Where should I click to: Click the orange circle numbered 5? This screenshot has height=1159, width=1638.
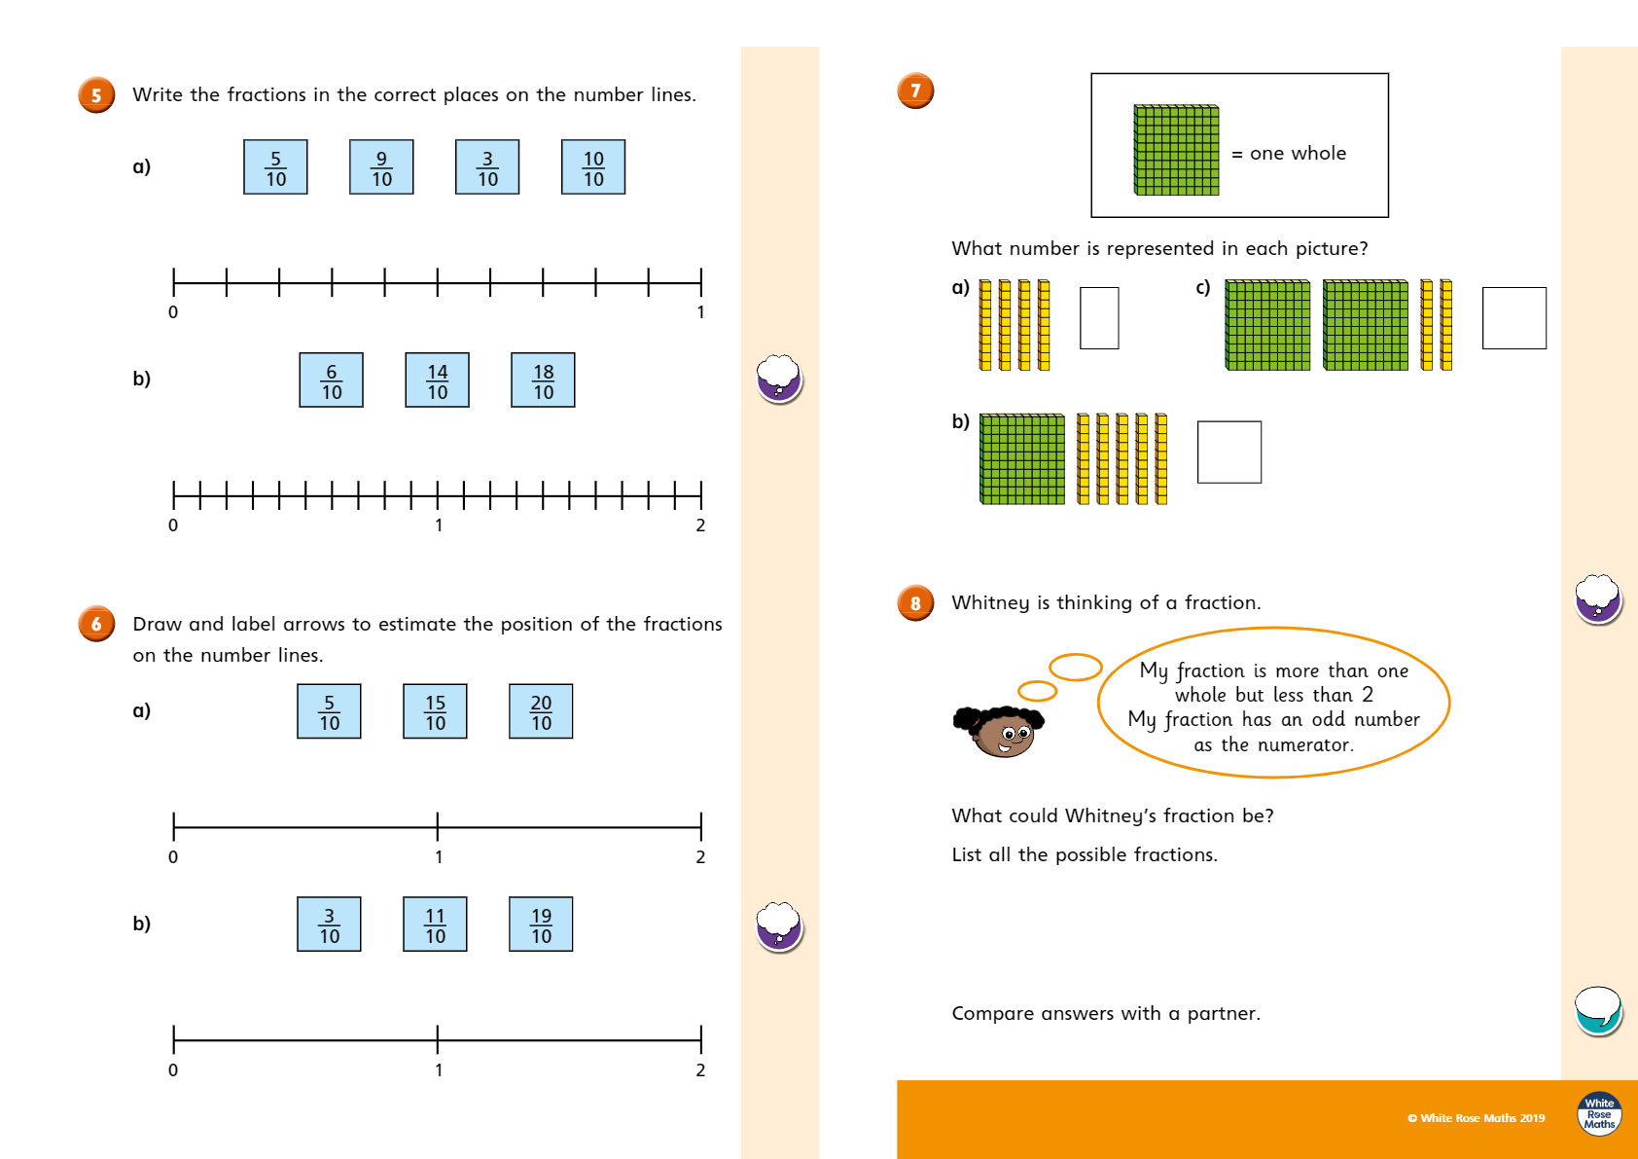pyautogui.click(x=96, y=95)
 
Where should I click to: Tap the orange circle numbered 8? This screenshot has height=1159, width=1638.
pyautogui.click(x=915, y=603)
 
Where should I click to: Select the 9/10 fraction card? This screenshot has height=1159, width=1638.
pyautogui.click(x=381, y=167)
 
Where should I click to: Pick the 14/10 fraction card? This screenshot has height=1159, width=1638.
pyautogui.click(x=437, y=380)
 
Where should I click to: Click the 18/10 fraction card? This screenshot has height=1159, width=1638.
pyautogui.click(x=543, y=380)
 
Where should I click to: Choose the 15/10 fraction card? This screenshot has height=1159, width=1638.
pyautogui.click(x=435, y=711)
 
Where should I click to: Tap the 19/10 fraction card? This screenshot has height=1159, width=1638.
pyautogui.click(x=541, y=924)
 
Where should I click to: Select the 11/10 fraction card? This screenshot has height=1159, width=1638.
pyautogui.click(x=435, y=924)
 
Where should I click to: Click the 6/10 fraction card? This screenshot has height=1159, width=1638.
pyautogui.click(x=331, y=380)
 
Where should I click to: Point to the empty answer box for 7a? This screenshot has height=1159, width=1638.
pyautogui.click(x=1099, y=318)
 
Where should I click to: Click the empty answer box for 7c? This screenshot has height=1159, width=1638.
pyautogui.click(x=1513, y=318)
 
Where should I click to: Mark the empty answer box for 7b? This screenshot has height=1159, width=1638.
pyautogui.click(x=1228, y=453)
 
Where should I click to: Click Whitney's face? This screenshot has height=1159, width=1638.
pyautogui.click(x=1003, y=733)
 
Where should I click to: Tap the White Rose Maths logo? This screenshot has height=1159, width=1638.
pyautogui.click(x=1599, y=1113)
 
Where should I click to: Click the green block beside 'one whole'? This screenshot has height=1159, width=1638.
pyautogui.click(x=1176, y=151)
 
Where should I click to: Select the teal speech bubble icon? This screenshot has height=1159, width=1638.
pyautogui.click(x=1597, y=1010)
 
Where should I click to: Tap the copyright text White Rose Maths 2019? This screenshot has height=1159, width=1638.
pyautogui.click(x=1476, y=1118)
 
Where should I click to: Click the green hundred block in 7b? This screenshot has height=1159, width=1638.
pyautogui.click(x=1021, y=459)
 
